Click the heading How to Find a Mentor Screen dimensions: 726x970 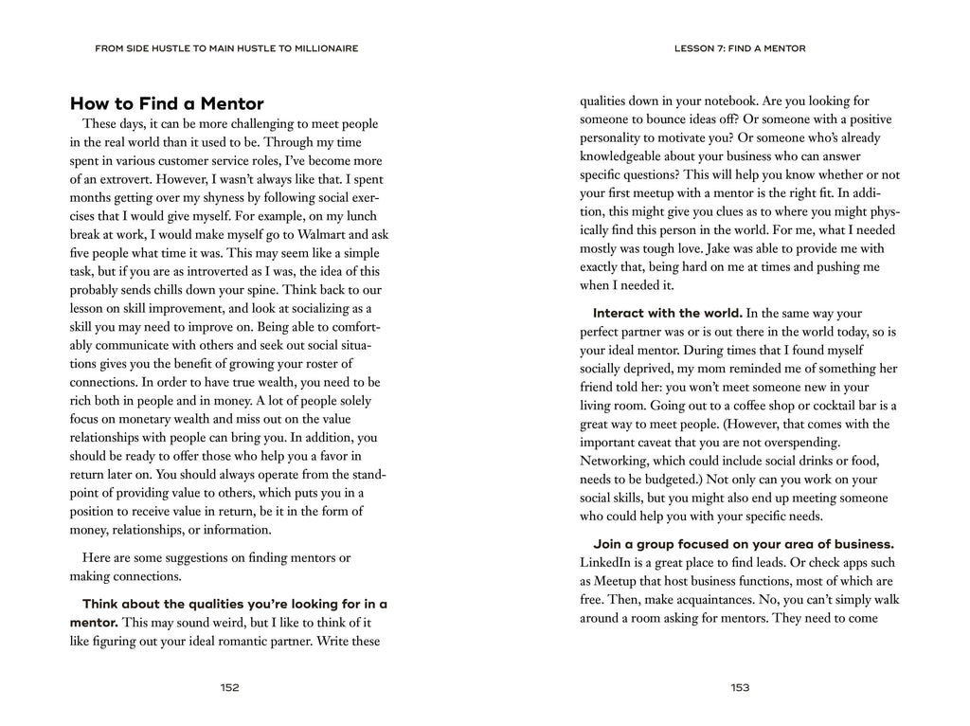pyautogui.click(x=167, y=103)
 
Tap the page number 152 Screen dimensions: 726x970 pyautogui.click(x=228, y=687)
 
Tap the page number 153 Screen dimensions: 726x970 pyautogui.click(x=740, y=687)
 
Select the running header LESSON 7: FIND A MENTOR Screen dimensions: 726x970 pyautogui.click(x=740, y=47)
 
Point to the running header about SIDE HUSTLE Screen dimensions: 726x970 pyautogui.click(x=226, y=47)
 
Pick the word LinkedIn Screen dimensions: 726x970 pyautogui.click(x=608, y=562)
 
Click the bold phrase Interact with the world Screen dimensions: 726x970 pyautogui.click(x=668, y=313)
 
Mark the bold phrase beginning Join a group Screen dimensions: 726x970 pyautogui.click(x=744, y=544)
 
